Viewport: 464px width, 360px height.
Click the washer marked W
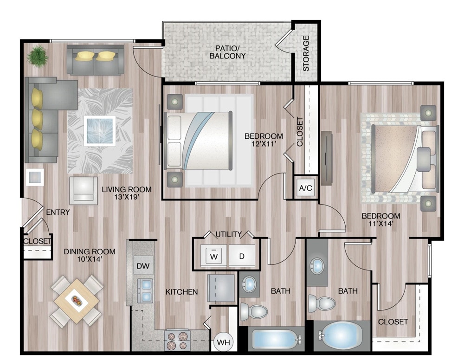[213, 256]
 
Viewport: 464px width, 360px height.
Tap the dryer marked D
[242, 256]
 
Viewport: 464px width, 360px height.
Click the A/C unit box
[306, 188]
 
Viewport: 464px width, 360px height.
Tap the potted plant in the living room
[37, 56]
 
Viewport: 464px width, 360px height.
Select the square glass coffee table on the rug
[99, 130]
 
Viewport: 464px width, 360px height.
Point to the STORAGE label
[306, 53]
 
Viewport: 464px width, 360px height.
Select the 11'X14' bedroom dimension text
[380, 225]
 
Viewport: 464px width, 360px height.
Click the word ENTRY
[58, 212]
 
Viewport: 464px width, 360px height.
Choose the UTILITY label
[229, 234]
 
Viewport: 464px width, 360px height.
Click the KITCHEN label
[182, 292]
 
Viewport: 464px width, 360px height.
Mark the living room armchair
[84, 190]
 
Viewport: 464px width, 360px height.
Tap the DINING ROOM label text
[90, 252]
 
